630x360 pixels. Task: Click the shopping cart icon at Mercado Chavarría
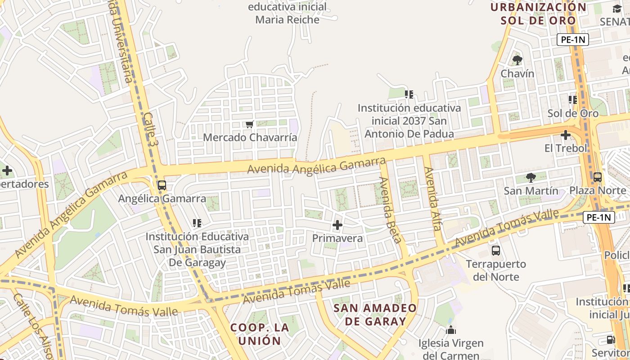click(x=249, y=124)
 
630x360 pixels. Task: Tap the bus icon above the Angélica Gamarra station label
click(x=162, y=185)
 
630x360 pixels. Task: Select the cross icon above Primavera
click(x=337, y=225)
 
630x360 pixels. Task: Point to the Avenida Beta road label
click(x=390, y=210)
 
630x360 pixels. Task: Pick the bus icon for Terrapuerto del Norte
click(x=496, y=251)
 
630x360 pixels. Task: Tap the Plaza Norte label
click(x=598, y=190)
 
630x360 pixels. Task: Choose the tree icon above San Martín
click(x=531, y=177)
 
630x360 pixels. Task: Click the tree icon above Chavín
click(x=517, y=60)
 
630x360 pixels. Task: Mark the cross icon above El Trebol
click(x=566, y=135)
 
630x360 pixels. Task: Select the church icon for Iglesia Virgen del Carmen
click(x=451, y=330)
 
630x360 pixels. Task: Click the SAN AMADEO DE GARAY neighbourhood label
click(x=375, y=315)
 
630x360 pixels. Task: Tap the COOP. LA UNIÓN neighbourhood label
click(x=259, y=333)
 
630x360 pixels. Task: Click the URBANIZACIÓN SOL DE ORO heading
click(x=539, y=13)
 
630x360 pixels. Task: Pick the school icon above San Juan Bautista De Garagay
click(x=197, y=223)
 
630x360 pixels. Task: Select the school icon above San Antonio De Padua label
click(x=409, y=94)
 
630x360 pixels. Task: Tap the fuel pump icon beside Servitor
click(x=611, y=340)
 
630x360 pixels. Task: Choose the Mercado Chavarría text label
click(x=250, y=137)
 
